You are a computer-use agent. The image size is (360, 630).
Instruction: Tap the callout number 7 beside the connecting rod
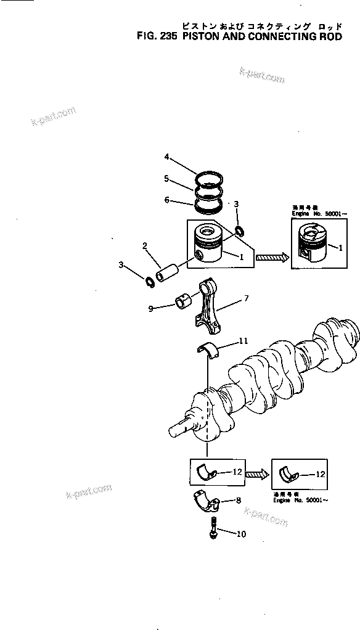246,298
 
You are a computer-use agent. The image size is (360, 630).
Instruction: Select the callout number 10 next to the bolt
241,534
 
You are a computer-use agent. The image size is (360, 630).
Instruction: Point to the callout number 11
243,340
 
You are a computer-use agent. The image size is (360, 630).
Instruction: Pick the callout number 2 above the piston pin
144,246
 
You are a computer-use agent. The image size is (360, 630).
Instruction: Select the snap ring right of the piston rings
240,232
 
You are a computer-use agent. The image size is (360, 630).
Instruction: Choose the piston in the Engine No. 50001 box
311,245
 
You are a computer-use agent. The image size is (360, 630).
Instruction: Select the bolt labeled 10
213,530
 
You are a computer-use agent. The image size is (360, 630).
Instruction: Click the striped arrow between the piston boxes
271,258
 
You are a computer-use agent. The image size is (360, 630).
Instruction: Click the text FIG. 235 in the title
156,36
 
